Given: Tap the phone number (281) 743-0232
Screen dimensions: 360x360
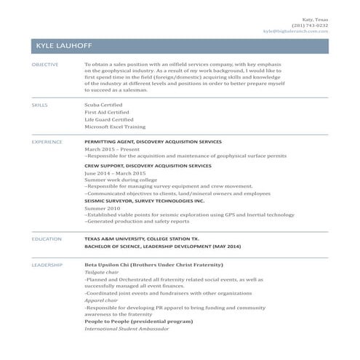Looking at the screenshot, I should pos(310,25).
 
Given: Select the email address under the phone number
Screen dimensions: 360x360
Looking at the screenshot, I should pos(295,32).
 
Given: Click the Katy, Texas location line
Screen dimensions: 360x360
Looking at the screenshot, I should pos(316,19).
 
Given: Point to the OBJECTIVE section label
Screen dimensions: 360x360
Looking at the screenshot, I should pos(45,65).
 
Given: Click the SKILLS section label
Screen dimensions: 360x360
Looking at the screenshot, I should pos(39,105).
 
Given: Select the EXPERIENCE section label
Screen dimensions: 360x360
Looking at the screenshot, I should pos(47,141).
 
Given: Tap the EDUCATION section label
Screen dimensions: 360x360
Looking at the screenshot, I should pos(46,239).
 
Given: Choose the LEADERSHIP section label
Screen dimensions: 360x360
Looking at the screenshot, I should pos(47,265).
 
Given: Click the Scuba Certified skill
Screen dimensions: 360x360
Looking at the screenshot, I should pos(103,105).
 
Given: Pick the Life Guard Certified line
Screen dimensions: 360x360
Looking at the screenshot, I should pos(109,119).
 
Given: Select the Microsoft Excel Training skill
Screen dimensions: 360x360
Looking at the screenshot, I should pos(114,127).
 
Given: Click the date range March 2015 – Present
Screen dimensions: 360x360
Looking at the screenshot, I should pos(111,148).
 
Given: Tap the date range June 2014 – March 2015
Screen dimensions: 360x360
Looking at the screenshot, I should pos(115,173).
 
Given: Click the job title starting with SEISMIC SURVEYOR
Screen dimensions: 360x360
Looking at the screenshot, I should pos(145,200).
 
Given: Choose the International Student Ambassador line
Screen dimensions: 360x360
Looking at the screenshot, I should pos(127,328).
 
